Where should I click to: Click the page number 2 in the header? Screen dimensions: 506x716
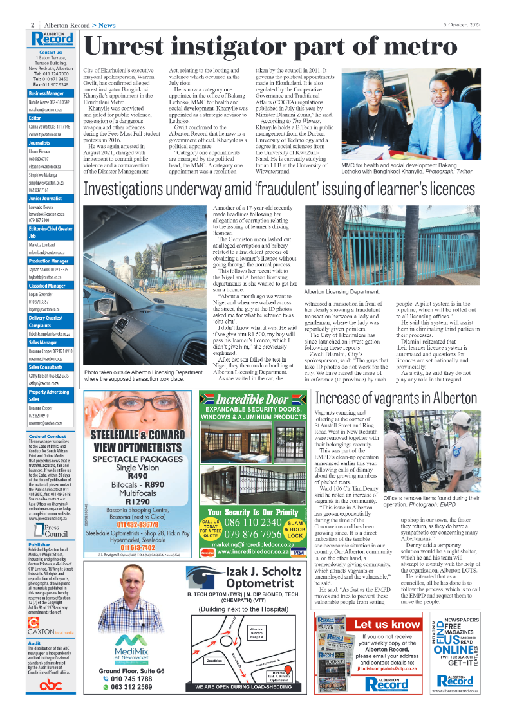32,25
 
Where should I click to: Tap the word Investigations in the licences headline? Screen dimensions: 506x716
138,189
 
